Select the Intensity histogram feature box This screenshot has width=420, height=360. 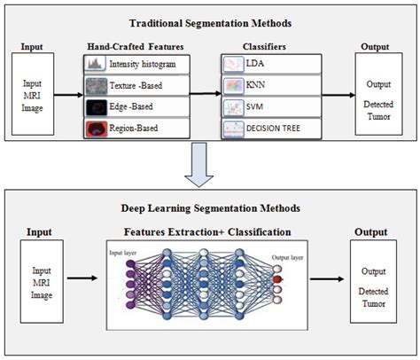(137, 64)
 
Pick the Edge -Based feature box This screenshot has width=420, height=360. (137, 107)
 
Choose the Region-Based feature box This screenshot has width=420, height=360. (137, 129)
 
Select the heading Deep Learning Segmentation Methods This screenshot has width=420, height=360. (210, 207)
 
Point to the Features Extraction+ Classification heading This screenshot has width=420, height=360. (211, 231)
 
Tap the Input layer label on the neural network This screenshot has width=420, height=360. (123, 253)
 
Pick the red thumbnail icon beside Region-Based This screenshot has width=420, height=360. (96, 129)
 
